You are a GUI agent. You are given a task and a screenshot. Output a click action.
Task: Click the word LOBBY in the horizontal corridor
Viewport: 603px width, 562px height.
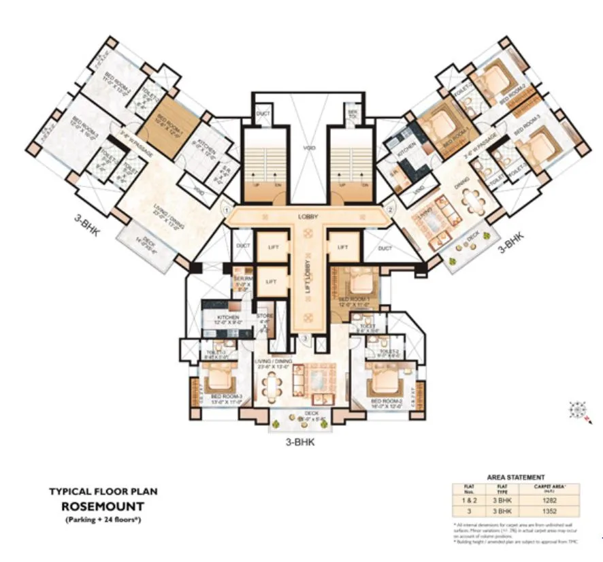tap(308, 216)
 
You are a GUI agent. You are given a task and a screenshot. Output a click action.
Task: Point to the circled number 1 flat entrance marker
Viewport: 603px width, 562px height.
tap(225, 211)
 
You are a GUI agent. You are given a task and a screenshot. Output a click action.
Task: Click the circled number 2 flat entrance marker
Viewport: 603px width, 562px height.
tap(390, 211)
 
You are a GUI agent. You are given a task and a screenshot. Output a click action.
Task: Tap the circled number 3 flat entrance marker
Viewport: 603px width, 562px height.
tap(306, 338)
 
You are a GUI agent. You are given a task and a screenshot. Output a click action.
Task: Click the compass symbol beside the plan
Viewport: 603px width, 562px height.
tap(579, 410)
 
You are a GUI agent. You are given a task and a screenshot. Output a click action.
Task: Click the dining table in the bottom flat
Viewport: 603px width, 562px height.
tap(274, 387)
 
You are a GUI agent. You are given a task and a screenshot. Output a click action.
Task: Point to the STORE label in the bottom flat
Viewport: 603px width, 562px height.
tap(264, 316)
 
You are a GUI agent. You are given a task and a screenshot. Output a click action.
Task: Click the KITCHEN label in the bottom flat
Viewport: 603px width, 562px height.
tap(228, 318)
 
